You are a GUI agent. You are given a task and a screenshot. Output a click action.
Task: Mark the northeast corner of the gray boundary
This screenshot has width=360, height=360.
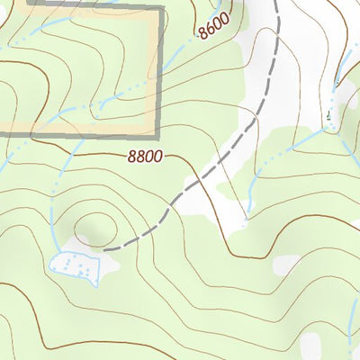[x=161, y=8]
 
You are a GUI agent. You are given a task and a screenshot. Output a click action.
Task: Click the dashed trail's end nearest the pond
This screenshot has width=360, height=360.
[x=105, y=248]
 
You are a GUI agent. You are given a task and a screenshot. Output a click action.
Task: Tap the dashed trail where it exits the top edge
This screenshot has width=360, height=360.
[x=277, y=3]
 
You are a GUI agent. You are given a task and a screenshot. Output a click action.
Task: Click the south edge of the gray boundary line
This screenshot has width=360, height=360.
[x=81, y=136]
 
